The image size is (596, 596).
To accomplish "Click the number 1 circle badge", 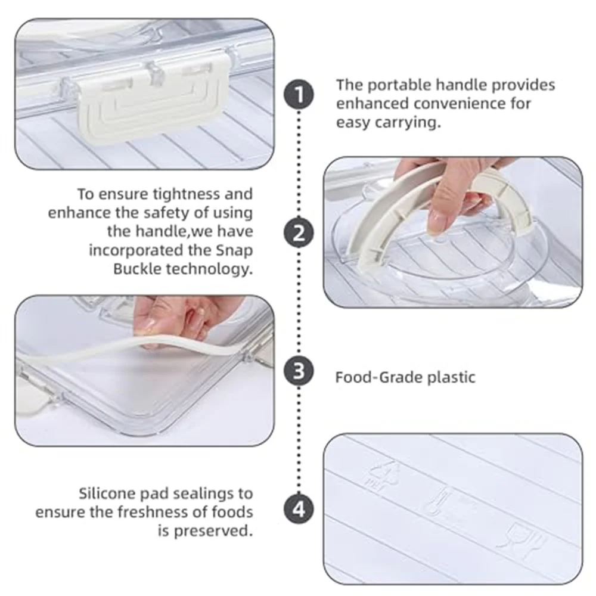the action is (299, 94).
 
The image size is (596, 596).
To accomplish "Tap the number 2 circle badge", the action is (299, 232).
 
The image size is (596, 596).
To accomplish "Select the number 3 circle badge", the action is (299, 371).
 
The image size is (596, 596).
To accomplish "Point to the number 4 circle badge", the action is (299, 509).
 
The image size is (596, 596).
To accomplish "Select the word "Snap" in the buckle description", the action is (234, 251).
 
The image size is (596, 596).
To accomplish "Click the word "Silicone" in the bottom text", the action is (107, 493).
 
